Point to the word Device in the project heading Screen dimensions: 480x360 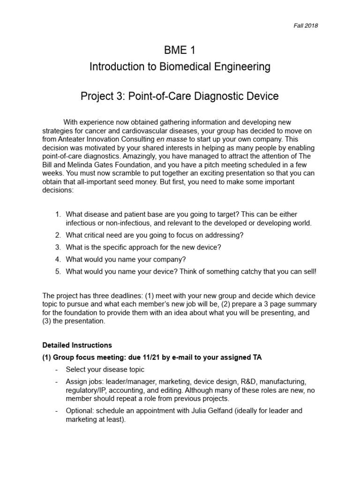pos(261,97)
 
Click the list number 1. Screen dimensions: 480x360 pos(58,214)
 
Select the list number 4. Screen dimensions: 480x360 pos(58,259)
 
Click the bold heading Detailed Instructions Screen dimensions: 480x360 pos(77,345)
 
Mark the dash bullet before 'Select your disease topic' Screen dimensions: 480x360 pos(56,369)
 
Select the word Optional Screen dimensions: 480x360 pos(80,411)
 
